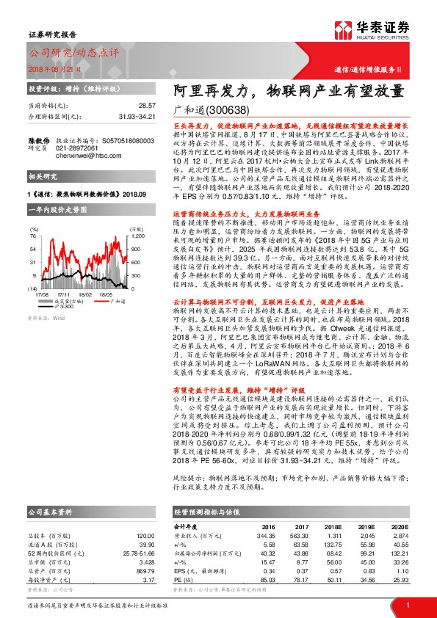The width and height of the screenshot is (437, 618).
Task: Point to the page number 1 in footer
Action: click(408, 605)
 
